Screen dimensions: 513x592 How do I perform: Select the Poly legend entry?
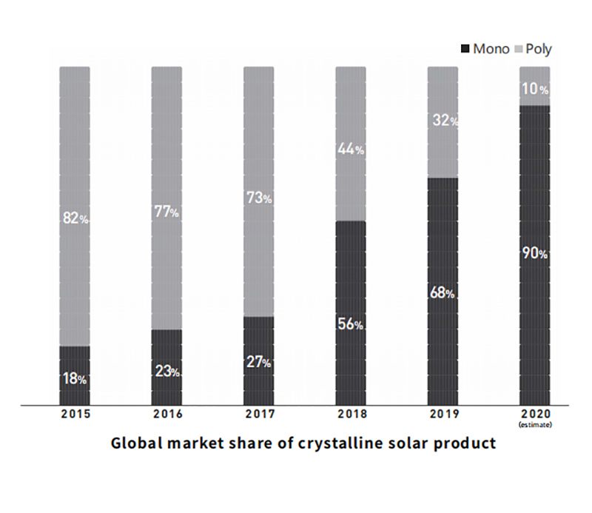[x=533, y=49]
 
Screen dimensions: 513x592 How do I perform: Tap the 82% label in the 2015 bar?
[x=75, y=218]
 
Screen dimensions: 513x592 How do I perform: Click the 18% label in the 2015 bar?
[x=75, y=379]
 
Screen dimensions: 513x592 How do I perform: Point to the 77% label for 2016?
[x=166, y=212]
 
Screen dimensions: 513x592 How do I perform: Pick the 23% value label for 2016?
[x=166, y=372]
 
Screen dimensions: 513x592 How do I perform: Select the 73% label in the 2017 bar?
[x=258, y=198]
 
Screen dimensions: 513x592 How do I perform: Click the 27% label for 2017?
[x=258, y=363]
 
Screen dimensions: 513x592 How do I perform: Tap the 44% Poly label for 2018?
[x=350, y=150]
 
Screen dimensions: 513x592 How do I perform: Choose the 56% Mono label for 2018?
[x=350, y=325]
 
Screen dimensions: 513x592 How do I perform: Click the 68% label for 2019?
[x=442, y=292]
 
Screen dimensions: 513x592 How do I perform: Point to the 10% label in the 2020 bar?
[x=534, y=90]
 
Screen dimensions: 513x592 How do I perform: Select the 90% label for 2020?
[x=534, y=254]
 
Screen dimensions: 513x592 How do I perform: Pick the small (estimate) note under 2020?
[x=534, y=425]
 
